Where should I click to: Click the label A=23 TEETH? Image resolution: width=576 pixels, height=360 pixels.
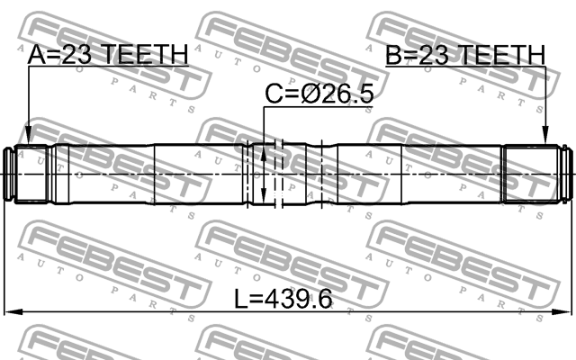[107, 56]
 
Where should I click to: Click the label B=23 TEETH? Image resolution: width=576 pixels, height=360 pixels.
[465, 56]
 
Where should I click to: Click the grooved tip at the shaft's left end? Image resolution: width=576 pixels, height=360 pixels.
[13, 173]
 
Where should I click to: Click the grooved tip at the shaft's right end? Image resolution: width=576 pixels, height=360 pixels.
[564, 173]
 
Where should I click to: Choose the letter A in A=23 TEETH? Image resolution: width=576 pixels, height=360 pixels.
[36, 56]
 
